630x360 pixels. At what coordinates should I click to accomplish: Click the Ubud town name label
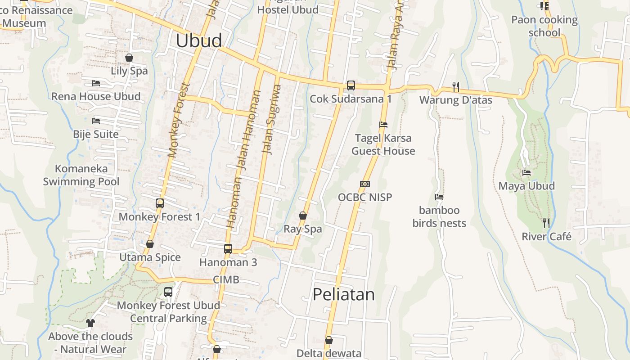tap(198, 40)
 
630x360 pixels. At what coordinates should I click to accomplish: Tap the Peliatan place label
tap(343, 294)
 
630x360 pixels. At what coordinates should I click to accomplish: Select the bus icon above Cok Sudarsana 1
tap(351, 85)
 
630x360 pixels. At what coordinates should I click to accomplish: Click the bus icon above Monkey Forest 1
tap(159, 203)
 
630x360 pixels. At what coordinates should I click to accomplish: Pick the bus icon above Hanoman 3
tap(228, 249)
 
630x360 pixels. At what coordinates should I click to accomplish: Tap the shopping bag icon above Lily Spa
tap(129, 58)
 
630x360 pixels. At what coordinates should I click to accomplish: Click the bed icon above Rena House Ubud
tap(95, 83)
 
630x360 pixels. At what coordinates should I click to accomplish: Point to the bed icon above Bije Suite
tap(95, 121)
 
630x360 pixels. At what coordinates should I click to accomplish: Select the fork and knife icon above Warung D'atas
tap(456, 86)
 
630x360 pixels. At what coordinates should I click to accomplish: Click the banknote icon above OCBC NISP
tap(365, 184)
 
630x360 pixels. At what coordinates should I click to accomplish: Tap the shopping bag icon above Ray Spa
tap(303, 216)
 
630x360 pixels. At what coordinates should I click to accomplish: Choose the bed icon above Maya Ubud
tap(526, 173)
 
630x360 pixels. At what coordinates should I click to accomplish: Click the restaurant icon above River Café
tap(546, 223)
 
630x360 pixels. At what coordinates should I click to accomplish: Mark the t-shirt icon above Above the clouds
tap(90, 323)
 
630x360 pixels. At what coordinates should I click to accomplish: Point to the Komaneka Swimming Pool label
tap(81, 175)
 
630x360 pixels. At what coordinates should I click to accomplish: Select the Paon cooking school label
tap(544, 26)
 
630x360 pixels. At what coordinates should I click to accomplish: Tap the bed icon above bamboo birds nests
tap(439, 197)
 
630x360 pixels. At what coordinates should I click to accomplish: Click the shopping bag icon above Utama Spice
tap(150, 244)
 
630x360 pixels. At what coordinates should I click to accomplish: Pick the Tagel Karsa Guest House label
tap(383, 144)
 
